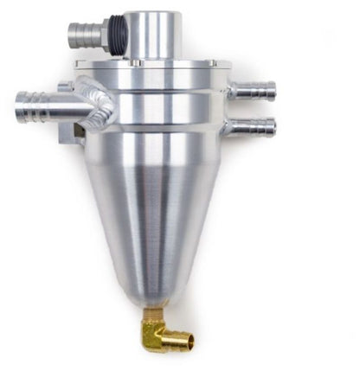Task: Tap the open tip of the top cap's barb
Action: pos(71,35)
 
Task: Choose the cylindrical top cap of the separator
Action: pos(152,35)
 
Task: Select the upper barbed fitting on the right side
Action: pos(253,89)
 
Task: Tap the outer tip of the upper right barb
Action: pos(273,90)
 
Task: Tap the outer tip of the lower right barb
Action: pos(273,127)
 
